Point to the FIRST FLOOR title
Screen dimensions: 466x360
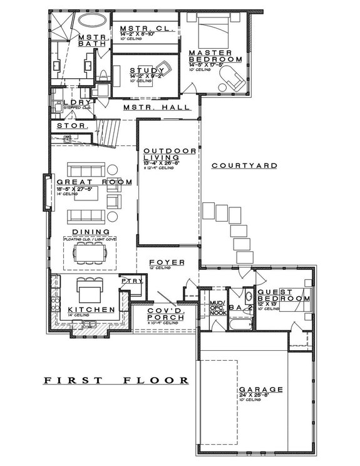(x=116, y=380)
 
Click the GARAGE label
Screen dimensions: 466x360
(x=260, y=389)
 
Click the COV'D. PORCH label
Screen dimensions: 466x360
(x=165, y=314)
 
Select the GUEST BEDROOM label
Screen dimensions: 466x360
(x=284, y=296)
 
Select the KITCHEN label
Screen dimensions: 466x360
(x=91, y=310)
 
